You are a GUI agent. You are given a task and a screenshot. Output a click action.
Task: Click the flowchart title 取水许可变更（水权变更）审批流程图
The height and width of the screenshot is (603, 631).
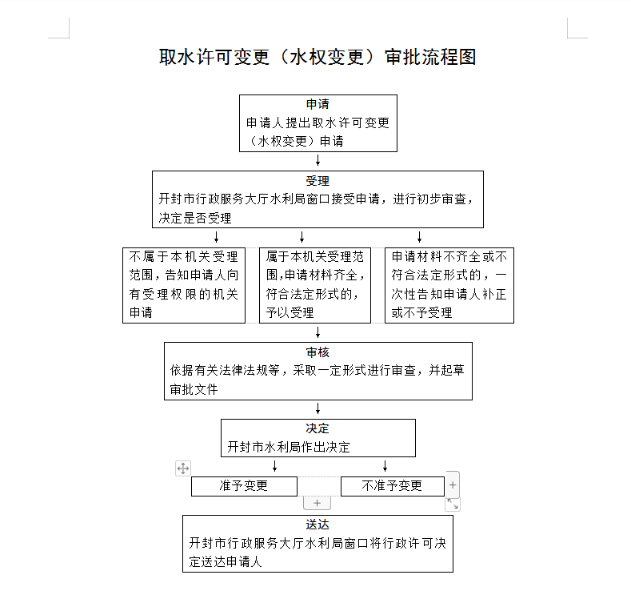point(317,58)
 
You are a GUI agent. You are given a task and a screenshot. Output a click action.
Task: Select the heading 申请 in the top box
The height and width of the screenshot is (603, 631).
point(317,105)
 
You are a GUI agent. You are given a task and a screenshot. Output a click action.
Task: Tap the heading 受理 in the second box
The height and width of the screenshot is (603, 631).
point(317,181)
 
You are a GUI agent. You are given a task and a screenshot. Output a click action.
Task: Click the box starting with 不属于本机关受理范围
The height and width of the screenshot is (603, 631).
point(183,285)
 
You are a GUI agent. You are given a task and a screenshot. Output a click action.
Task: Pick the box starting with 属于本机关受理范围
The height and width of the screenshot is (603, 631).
point(315,285)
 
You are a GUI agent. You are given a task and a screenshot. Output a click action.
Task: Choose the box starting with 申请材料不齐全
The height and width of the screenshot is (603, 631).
point(449,285)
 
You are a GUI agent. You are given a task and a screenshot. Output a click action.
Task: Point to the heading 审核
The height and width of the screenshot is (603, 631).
point(317,352)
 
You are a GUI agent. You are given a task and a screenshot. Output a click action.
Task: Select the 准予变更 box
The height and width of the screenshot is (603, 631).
point(244,486)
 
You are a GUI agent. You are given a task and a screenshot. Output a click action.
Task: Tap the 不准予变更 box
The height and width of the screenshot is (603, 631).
point(392,486)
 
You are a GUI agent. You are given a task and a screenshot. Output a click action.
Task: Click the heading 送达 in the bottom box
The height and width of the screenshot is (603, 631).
point(317,525)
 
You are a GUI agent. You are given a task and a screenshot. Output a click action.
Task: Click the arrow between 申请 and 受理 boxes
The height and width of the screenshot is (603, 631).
point(317,161)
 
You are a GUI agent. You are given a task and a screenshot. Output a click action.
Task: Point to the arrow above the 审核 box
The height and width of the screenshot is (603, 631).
point(317,332)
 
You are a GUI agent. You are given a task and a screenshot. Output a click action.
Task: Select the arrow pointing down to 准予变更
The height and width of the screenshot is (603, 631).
point(275,466)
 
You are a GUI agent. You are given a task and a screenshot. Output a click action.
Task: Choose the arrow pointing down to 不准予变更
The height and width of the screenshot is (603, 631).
point(385,466)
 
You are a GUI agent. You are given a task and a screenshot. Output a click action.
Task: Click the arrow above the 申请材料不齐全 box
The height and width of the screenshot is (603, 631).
point(419,237)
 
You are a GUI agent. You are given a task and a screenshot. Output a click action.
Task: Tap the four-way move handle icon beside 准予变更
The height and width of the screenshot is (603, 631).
point(183,468)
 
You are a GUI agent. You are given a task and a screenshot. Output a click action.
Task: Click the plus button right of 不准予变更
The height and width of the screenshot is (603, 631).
point(453,484)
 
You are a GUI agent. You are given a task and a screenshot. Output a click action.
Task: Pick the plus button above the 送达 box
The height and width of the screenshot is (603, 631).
point(317,503)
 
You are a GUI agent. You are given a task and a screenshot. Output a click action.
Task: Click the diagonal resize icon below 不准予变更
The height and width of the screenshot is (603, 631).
point(453,504)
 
